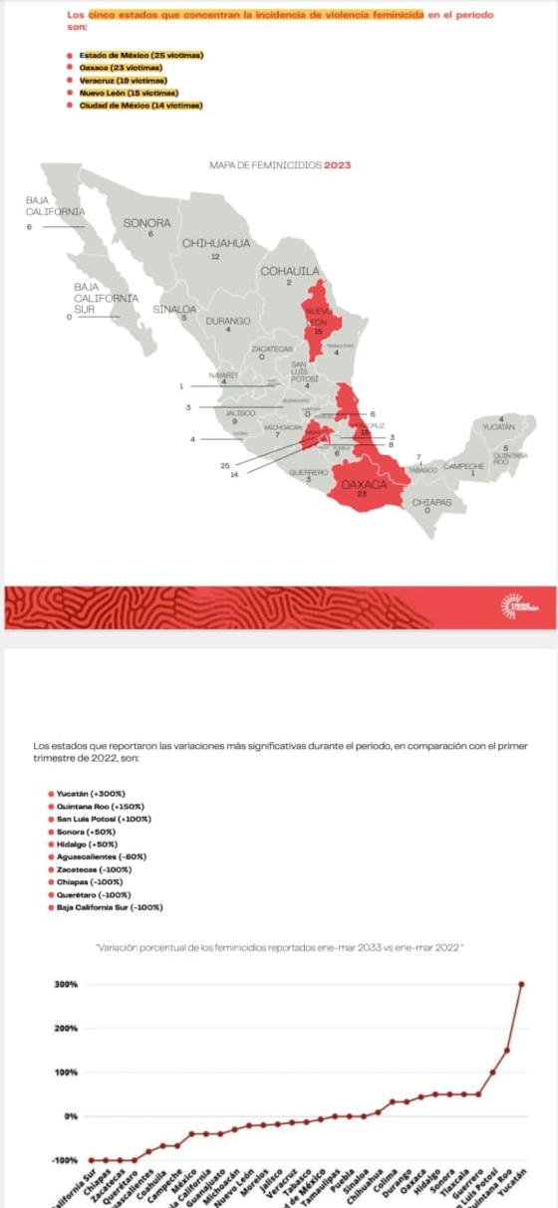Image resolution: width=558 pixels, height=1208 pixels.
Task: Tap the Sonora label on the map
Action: pos(146,224)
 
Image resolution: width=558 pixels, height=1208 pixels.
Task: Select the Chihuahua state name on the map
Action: pos(214,244)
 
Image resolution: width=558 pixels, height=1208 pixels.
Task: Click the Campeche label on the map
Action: pos(463,465)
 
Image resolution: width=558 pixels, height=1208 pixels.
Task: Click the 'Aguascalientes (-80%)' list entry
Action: pos(102,856)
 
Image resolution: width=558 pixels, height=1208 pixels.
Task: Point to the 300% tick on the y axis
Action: pos(65,984)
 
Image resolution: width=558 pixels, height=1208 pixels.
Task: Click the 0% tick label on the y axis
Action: pos(70,1115)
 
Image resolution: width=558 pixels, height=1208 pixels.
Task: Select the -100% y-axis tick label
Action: pos(65,1160)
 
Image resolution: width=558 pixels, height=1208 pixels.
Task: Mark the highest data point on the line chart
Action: pos(521,984)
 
